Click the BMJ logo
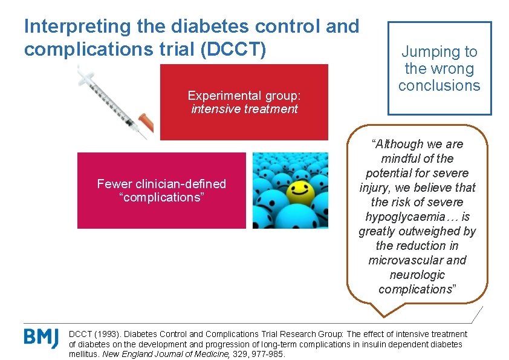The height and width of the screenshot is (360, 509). [41, 337]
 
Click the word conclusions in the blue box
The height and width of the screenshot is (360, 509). [439, 85]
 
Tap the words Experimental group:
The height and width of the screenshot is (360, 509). [244, 96]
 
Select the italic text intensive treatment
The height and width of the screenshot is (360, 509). [244, 109]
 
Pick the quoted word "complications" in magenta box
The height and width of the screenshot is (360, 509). [161, 197]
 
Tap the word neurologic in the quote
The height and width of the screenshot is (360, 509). [417, 275]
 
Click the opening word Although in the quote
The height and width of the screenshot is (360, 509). [400, 144]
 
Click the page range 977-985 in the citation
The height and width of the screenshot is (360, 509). [267, 353]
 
